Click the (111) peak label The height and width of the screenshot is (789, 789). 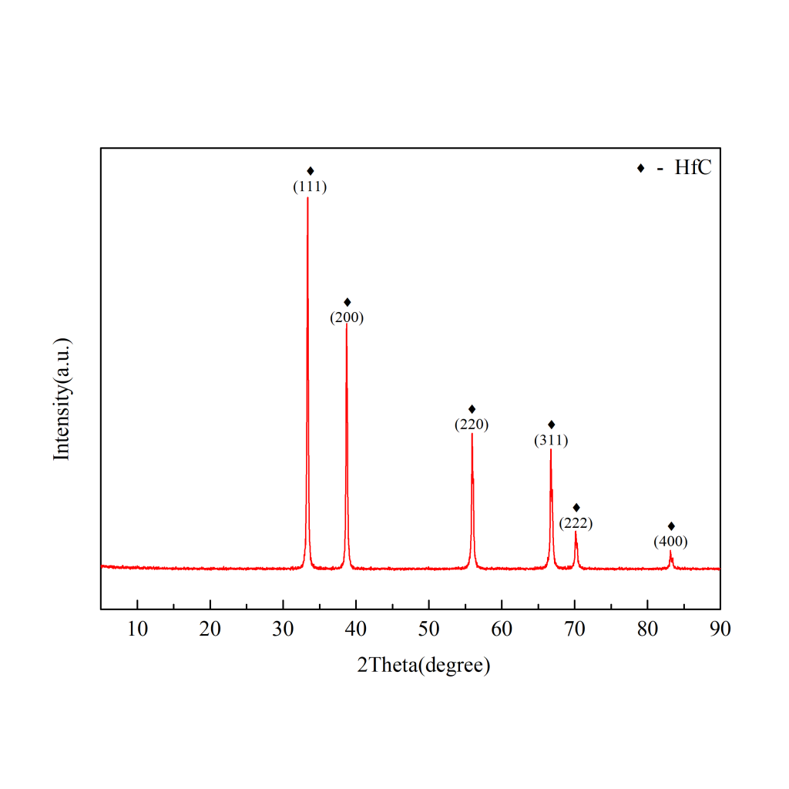[x=311, y=186]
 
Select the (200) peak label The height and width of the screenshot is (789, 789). [x=347, y=317]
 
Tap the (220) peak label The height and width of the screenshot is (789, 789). [x=472, y=424]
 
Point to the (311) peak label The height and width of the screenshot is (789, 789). [x=551, y=441]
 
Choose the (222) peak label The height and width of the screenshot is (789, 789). [x=576, y=523]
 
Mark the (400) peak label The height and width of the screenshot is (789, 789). [x=670, y=542]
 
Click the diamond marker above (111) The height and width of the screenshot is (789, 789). [x=311, y=171]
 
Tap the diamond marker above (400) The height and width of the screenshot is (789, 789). [x=671, y=525]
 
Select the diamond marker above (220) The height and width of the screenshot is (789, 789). [x=472, y=408]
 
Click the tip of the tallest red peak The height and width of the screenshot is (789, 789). [x=307, y=198]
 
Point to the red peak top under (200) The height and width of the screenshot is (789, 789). [x=346, y=324]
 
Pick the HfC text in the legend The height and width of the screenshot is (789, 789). [x=693, y=168]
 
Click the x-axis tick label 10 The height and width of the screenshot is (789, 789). [x=137, y=629]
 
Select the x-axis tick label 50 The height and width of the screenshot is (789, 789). [x=428, y=629]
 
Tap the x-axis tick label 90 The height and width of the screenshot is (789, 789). [x=720, y=629]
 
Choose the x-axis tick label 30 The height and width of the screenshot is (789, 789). [x=283, y=629]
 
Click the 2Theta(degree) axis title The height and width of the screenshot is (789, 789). [x=423, y=665]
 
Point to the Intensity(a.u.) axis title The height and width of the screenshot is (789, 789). [x=62, y=399]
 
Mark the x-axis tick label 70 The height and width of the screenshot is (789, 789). [x=574, y=629]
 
